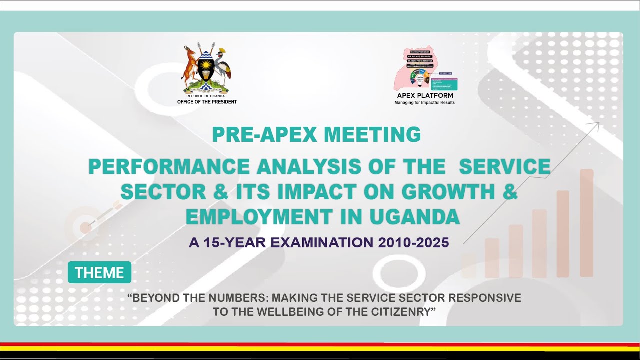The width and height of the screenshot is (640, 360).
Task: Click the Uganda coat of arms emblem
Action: click(x=206, y=69)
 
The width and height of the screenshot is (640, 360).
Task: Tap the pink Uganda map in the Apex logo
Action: click(x=422, y=69)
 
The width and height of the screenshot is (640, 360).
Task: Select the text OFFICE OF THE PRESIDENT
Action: click(x=207, y=102)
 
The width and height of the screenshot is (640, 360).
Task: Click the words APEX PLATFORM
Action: click(x=425, y=96)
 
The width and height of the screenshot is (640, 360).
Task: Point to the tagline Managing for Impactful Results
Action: click(x=425, y=103)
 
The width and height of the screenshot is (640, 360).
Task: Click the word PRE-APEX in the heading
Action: click(x=264, y=135)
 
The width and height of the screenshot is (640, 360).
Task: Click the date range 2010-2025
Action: click(x=414, y=243)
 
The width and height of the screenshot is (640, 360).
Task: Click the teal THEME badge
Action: click(x=99, y=273)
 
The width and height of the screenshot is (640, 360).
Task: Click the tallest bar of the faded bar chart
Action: click(x=586, y=222)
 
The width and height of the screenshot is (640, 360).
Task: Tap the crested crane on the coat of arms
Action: click(x=223, y=65)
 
